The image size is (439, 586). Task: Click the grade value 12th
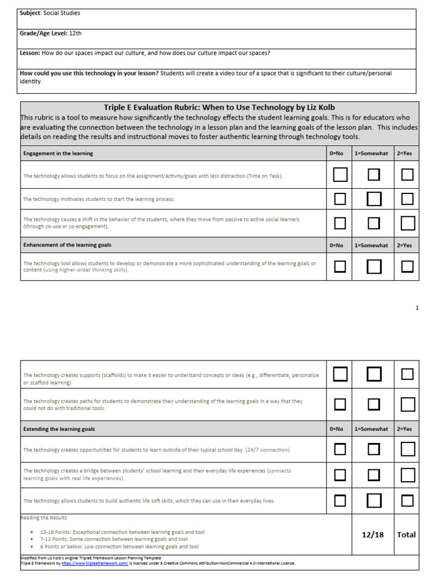pos(75,34)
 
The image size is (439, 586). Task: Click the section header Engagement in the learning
pos(58,153)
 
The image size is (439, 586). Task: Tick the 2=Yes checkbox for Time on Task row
pos(407,175)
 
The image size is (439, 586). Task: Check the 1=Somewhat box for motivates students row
pos(374,199)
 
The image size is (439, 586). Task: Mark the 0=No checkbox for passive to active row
pos(340,223)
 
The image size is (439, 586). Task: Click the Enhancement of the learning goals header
pos(67,245)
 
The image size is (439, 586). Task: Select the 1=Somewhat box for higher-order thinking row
pos(374,267)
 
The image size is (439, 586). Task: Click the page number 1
pos(417,308)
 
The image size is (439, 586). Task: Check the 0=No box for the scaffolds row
pos(340,374)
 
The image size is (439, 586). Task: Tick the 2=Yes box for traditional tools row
pos(407,405)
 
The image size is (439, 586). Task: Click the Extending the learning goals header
pos(59,429)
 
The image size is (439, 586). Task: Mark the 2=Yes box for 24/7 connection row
pos(407,449)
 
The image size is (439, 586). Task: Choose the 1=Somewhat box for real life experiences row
pos(374,475)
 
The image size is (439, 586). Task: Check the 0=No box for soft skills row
pos(340,501)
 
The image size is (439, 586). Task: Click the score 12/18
pos(373,534)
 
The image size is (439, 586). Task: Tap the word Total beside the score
pos(406,534)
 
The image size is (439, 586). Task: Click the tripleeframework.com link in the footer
pos(97,563)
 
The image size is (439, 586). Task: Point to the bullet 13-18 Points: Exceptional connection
pos(122,532)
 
